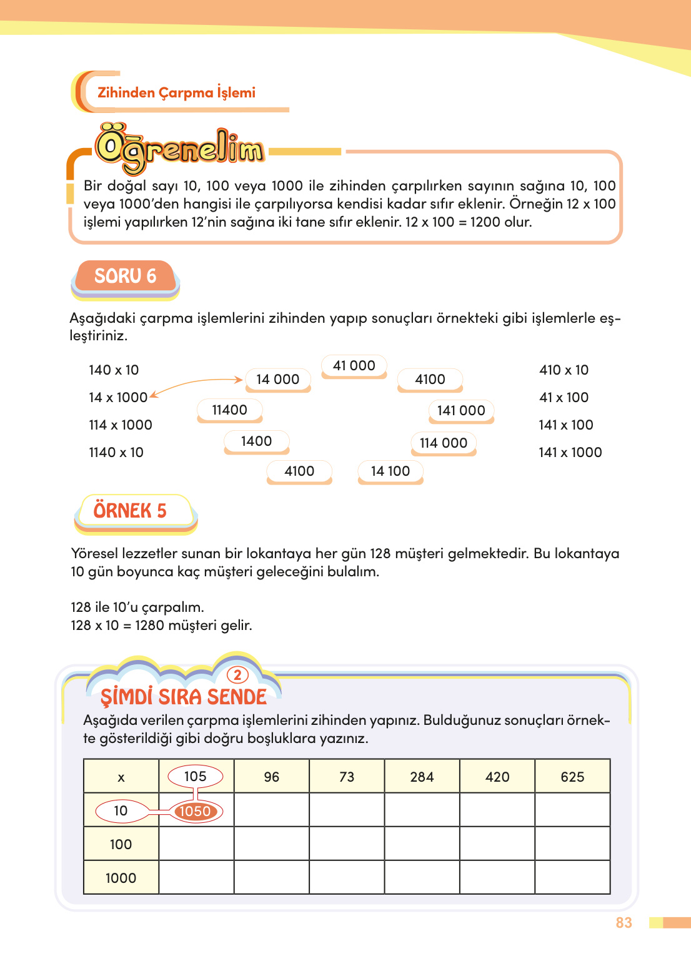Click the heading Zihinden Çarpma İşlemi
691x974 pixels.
click(x=176, y=92)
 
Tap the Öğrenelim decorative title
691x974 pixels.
click(x=180, y=149)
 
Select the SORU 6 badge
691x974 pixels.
click(x=125, y=276)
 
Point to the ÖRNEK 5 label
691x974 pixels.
click(x=130, y=511)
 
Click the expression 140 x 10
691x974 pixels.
click(x=114, y=370)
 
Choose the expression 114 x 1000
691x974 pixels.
click(x=121, y=425)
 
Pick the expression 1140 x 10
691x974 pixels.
click(x=116, y=452)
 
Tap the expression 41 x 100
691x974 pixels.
click(x=564, y=397)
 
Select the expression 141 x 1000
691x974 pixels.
click(x=570, y=452)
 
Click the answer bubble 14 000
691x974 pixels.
click(x=277, y=379)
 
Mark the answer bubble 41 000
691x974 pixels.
click(x=354, y=365)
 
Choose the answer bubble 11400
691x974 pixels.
click(x=229, y=410)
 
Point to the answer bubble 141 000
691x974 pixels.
click(x=461, y=410)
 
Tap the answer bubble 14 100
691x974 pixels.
click(x=390, y=471)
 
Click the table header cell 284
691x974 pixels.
click(x=422, y=777)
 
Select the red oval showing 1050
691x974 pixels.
click(x=195, y=811)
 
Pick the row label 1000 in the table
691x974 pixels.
click(x=121, y=878)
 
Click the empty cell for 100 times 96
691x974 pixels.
click(x=271, y=844)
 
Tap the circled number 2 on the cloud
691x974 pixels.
click(x=237, y=675)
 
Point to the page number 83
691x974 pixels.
click(x=624, y=923)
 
